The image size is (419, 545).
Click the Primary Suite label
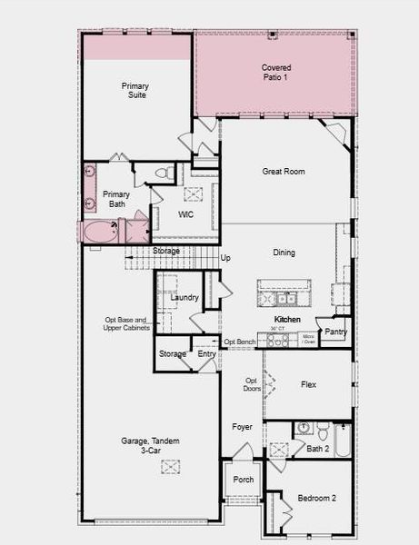click(x=135, y=91)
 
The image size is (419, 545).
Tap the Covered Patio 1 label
click(x=276, y=73)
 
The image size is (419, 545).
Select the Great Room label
click(x=284, y=171)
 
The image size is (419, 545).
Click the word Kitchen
click(x=287, y=321)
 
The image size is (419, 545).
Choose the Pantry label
click(x=335, y=332)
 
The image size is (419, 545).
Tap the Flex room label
click(x=309, y=384)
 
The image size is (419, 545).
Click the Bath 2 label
click(x=318, y=449)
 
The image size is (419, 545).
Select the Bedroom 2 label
click(x=316, y=498)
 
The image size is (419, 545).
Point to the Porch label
click(x=243, y=480)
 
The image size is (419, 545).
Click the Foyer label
click(x=242, y=426)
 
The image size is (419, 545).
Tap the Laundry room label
click(x=185, y=297)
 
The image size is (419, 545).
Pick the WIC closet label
click(x=186, y=214)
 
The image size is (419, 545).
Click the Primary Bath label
click(x=116, y=199)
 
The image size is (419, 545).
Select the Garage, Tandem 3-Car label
click(x=150, y=445)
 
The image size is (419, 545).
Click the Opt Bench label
click(x=240, y=342)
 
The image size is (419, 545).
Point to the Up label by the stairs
click(x=225, y=258)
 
